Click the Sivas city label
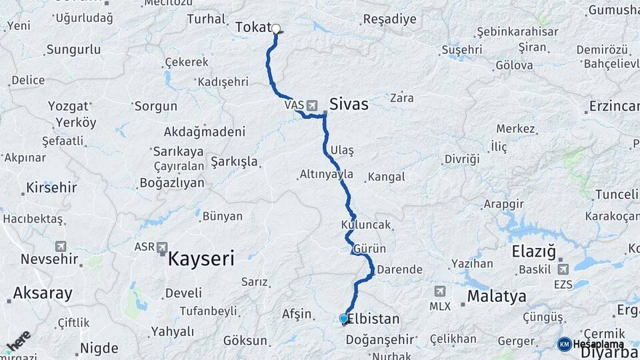[x=349, y=104]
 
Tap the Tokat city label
[x=253, y=27]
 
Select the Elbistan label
[x=374, y=319]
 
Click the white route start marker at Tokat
[x=275, y=29]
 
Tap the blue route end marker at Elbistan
[x=343, y=319]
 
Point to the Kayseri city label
[x=205, y=259]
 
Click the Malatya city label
[x=497, y=296]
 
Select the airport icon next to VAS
[x=312, y=105]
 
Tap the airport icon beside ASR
[x=163, y=248]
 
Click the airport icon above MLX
[x=440, y=291]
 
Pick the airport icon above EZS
[x=562, y=269]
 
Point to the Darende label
[x=399, y=270]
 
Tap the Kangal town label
[x=386, y=177]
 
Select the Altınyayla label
[x=326, y=174]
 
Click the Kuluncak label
[x=365, y=225]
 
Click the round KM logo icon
[x=565, y=344]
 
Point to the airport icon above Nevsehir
[x=61, y=246]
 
